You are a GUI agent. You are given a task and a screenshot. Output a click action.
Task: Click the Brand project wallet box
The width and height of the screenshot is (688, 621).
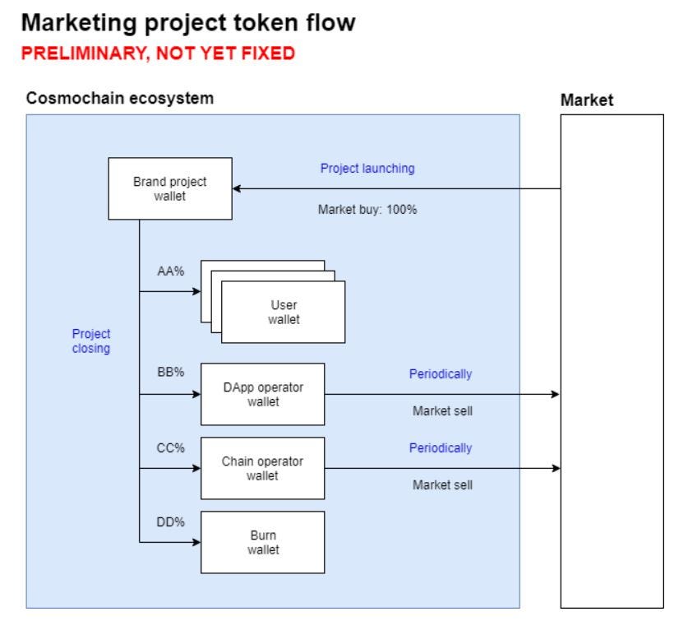click(170, 188)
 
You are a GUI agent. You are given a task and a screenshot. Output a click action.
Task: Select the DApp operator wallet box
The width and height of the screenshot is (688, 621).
click(262, 394)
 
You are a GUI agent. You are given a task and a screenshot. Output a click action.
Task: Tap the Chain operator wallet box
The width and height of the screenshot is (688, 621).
click(262, 468)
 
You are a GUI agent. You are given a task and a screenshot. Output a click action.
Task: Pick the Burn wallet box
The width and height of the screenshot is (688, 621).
click(262, 542)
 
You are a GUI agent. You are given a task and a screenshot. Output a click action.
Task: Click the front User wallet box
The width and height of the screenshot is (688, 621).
click(284, 313)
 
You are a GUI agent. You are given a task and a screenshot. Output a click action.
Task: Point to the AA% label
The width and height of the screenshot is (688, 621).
click(170, 271)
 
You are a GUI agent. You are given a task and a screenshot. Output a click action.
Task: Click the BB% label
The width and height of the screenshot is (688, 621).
click(170, 372)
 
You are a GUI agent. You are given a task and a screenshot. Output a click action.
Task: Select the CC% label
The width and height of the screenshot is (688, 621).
click(170, 448)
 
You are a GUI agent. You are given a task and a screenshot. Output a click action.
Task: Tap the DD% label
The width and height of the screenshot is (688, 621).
click(170, 521)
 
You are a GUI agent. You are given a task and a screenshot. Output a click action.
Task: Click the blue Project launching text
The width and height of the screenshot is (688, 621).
click(367, 168)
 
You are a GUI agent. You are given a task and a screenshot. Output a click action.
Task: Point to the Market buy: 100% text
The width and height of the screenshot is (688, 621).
click(367, 209)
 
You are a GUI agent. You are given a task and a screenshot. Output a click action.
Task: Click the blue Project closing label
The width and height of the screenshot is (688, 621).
click(91, 341)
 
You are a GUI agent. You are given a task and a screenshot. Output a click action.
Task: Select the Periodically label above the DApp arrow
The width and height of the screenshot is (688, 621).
click(441, 373)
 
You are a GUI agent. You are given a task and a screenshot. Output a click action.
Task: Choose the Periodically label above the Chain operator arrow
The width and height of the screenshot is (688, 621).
click(441, 448)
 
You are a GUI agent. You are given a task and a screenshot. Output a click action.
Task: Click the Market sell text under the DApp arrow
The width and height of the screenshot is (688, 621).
click(442, 411)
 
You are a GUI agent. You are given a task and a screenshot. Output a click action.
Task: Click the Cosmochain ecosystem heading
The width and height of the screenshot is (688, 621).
click(120, 99)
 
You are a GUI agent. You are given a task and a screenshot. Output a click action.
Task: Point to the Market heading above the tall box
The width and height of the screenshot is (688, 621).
click(587, 100)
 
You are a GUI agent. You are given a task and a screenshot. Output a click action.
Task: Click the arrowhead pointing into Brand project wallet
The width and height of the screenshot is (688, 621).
click(238, 188)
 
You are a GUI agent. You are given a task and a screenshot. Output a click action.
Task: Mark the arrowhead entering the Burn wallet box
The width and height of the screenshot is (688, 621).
click(196, 542)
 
